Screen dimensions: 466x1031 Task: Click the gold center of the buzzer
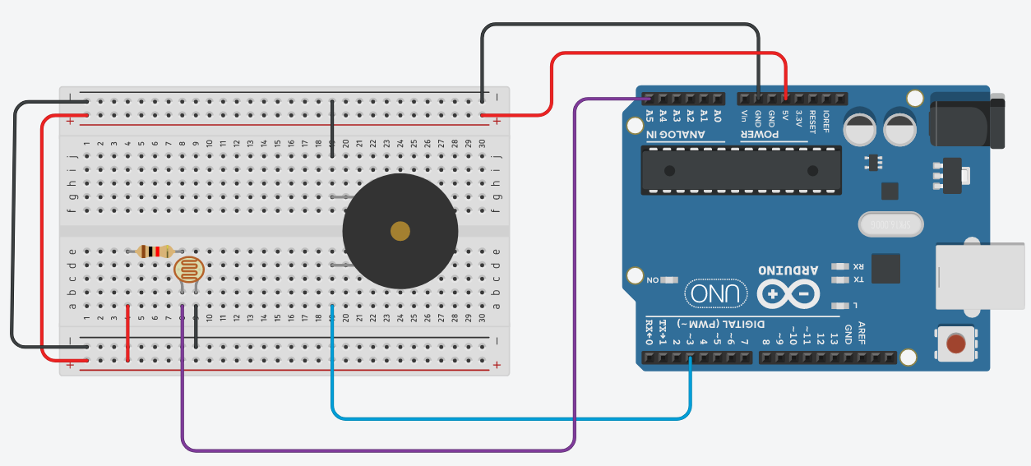pyautogui.click(x=400, y=231)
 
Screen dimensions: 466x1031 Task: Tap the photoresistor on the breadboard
pyautogui.click(x=188, y=270)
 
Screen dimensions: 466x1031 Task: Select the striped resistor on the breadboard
pyautogui.click(x=155, y=251)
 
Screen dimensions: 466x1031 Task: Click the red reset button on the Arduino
pyautogui.click(x=956, y=343)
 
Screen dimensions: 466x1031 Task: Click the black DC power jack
pyautogui.click(x=966, y=121)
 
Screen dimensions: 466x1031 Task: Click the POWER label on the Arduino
pyautogui.click(x=774, y=134)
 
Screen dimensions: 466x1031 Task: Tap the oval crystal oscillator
pyautogui.click(x=891, y=224)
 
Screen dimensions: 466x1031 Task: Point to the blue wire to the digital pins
pyautogui.click(x=510, y=418)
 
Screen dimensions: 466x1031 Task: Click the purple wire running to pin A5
pyautogui.click(x=378, y=450)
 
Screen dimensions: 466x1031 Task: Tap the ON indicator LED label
pyautogui.click(x=653, y=280)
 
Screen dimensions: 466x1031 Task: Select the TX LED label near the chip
pyautogui.click(x=858, y=279)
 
